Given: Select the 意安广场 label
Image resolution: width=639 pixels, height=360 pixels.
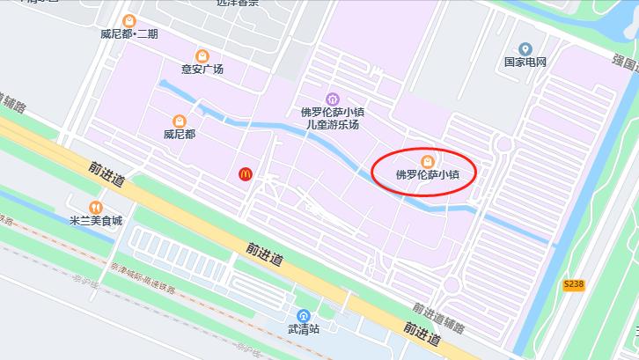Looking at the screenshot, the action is point(202,70).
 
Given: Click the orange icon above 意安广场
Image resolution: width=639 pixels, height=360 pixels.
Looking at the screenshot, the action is point(202,55).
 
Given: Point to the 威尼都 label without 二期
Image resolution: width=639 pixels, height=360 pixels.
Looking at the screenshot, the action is point(180,135).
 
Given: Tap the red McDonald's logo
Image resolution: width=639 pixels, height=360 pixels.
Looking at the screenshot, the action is point(246,174).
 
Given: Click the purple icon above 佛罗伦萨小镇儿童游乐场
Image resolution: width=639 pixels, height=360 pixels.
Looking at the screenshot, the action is point(332,98).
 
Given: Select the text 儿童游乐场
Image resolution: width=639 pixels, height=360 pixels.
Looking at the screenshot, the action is point(332,125).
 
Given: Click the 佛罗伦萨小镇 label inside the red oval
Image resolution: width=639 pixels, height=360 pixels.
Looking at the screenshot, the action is point(428,174).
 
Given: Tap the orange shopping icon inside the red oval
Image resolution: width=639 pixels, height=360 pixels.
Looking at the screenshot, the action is point(428,160).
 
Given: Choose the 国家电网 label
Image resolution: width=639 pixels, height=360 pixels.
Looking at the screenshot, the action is point(525,62).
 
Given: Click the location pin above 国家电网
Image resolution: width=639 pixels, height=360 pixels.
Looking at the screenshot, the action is point(525,48).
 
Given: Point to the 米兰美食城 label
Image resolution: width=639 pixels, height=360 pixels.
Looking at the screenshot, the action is point(96,221).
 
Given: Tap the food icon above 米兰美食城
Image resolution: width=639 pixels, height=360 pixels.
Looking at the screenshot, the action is point(96,207).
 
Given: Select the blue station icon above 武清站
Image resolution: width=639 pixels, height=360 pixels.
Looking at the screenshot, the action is point(305,314).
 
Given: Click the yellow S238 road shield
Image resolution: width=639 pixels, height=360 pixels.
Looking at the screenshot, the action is point(574,283).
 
